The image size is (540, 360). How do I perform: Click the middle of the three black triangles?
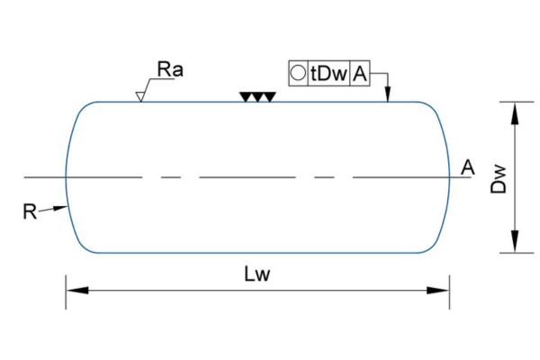pyautogui.click(x=256, y=96)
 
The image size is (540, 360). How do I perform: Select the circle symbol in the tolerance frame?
pyautogui.click(x=298, y=74)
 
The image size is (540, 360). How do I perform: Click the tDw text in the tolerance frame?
pyautogui.click(x=328, y=74)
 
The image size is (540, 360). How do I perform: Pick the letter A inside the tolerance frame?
pyautogui.click(x=360, y=74)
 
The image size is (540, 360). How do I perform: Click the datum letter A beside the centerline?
pyautogui.click(x=467, y=166)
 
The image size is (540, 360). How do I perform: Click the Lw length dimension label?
pyautogui.click(x=257, y=275)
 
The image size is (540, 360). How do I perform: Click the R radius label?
pyautogui.click(x=31, y=211)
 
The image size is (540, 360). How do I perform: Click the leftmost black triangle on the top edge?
pyautogui.click(x=245, y=96)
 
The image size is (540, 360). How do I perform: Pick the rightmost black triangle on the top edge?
pyautogui.click(x=268, y=96)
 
